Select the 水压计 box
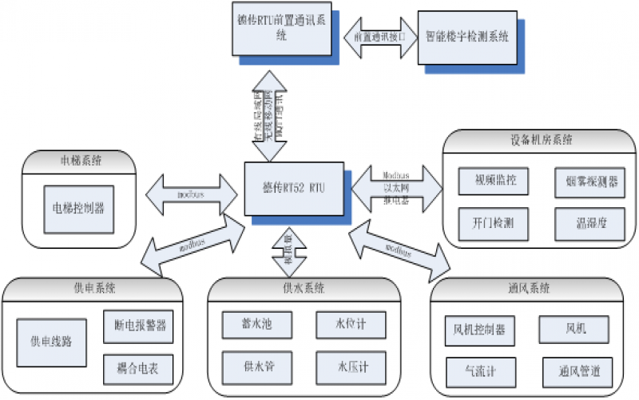(x=351, y=368)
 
